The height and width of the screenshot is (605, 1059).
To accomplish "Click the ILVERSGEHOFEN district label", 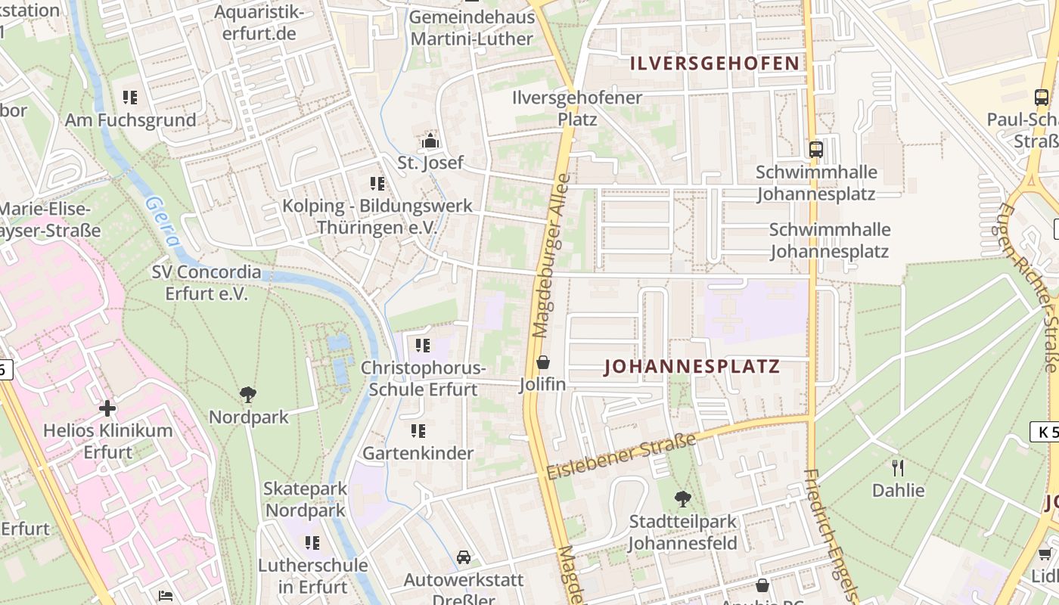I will click(x=716, y=64).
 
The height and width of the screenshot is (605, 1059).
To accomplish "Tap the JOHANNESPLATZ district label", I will click(x=692, y=368).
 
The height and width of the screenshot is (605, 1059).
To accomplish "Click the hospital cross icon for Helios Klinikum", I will click(x=107, y=408).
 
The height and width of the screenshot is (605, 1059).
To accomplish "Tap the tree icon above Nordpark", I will click(x=247, y=394).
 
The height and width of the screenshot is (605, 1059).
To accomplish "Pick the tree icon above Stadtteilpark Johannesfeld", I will click(x=682, y=498).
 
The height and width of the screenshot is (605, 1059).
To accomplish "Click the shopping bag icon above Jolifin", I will click(x=542, y=362).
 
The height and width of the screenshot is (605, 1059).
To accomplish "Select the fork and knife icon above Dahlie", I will click(x=898, y=467).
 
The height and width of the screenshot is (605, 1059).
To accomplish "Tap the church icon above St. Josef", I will click(x=430, y=141).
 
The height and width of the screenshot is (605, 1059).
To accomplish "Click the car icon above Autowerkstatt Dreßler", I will click(x=464, y=557).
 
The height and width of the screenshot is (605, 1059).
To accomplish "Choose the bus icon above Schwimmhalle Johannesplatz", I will click(x=815, y=149).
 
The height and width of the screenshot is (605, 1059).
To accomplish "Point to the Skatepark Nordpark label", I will click(x=305, y=499).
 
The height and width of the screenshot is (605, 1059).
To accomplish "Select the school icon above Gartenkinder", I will click(x=418, y=431).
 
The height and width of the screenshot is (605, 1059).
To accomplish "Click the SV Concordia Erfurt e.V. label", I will click(x=206, y=283).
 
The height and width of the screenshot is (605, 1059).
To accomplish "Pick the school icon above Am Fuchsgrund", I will click(x=130, y=98).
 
